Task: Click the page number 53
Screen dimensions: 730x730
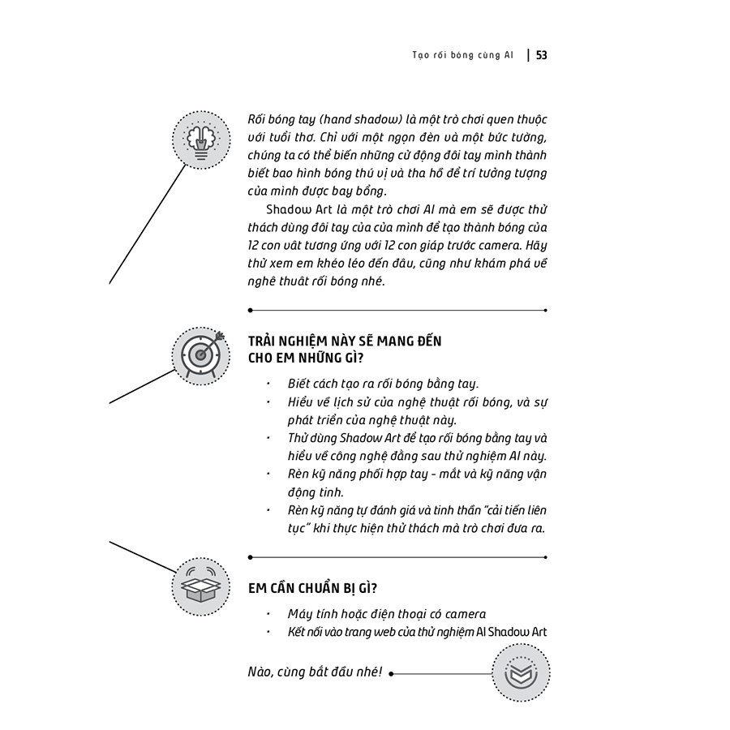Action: point(541,55)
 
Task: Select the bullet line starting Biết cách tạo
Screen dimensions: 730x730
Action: point(383,384)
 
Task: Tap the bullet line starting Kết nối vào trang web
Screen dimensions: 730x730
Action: point(418,632)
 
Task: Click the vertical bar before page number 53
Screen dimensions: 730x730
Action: point(529,55)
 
